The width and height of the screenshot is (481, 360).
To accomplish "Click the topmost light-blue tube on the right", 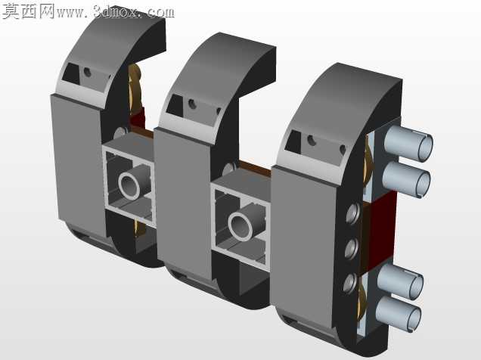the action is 408,143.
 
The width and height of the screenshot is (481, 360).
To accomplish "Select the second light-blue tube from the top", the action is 406,178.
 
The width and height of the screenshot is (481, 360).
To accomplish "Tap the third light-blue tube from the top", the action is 400,281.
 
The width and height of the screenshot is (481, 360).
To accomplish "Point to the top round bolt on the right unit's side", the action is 352,213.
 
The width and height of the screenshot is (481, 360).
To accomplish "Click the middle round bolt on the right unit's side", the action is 351,248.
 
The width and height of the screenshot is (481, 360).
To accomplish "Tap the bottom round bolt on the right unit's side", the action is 350,282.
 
